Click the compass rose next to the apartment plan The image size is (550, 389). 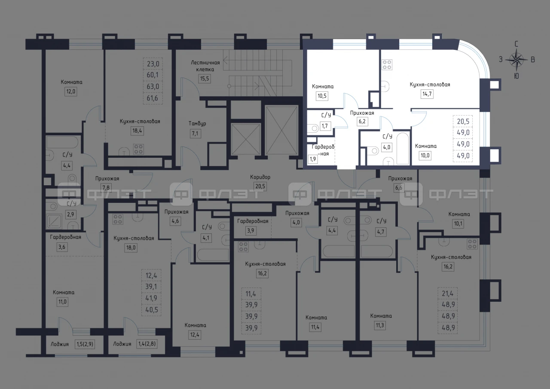point(516,60)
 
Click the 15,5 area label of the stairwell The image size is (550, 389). point(204,79)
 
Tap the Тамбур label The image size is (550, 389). point(197,123)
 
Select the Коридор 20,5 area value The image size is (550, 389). point(260,186)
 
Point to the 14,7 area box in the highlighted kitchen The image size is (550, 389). point(427,94)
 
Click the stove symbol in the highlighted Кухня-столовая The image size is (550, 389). point(387,65)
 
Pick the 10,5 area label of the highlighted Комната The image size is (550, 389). point(322,96)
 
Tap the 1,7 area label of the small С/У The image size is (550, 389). point(324,126)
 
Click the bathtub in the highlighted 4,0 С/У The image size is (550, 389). point(402,148)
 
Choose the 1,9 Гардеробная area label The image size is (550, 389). point(312,159)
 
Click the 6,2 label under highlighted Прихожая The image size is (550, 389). point(362,121)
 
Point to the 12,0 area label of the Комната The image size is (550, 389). point(70,92)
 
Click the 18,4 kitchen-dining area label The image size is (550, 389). point(137,131)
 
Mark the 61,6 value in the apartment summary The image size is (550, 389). point(153,98)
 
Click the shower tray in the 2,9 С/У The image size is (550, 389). point(54,221)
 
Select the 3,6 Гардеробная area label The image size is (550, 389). point(62,247)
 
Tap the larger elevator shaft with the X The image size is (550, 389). point(281,130)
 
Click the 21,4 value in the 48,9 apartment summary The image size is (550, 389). point(447,293)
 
